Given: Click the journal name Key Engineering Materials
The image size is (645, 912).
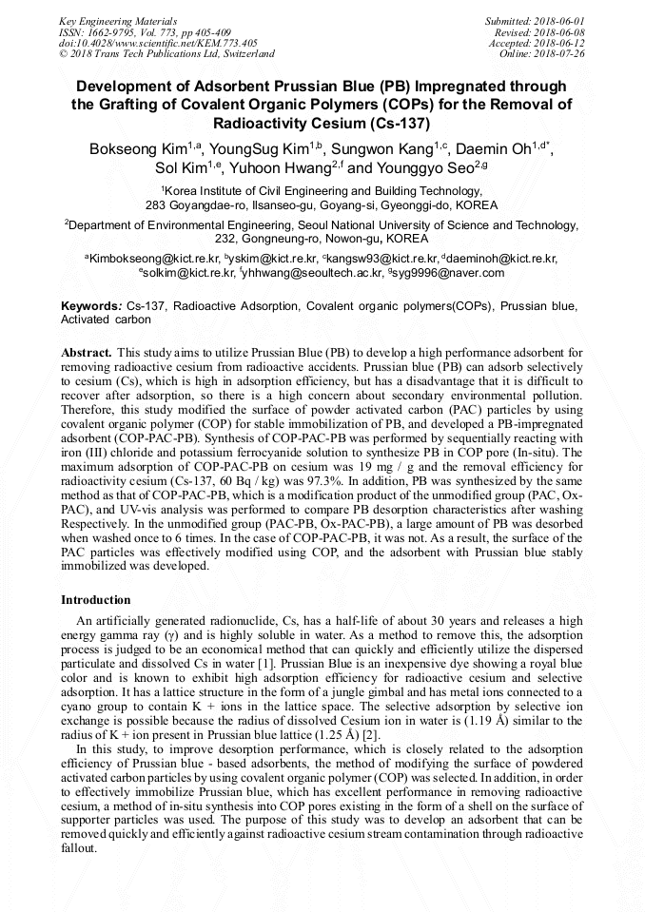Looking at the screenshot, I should (119, 20).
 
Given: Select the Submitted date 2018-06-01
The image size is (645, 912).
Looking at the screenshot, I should (555, 20).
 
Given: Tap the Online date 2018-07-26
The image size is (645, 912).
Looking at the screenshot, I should (560, 54).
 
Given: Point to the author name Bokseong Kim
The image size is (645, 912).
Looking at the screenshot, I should (132, 149).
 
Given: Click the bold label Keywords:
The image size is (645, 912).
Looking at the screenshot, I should (91, 307).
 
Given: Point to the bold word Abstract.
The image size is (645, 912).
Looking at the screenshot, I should (86, 352).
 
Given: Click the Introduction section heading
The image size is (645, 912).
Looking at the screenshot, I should (96, 600).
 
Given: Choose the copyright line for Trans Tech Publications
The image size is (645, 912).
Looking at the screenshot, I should (166, 54).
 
